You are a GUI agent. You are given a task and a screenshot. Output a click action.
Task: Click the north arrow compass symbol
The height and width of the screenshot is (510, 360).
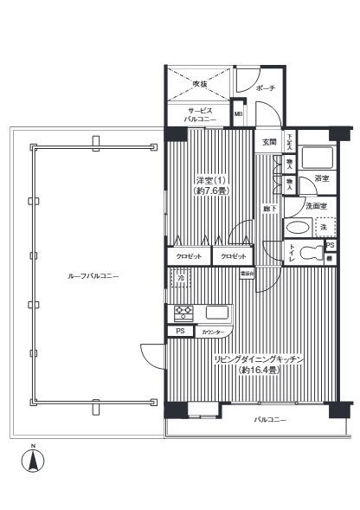pyautogui.click(x=32, y=460)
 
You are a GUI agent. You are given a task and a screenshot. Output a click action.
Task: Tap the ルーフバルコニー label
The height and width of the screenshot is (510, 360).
pyautogui.click(x=93, y=275)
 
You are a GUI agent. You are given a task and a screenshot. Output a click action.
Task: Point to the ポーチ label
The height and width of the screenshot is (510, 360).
pyautogui.click(x=266, y=88)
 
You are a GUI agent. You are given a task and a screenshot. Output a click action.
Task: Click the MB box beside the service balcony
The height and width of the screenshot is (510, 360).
pyautogui.click(x=237, y=114)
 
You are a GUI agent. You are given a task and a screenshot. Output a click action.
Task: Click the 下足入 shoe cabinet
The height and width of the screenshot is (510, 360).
pyautogui.click(x=289, y=142)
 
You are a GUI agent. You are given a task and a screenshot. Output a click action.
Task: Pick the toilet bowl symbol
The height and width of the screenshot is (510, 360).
pyautogui.click(x=296, y=252)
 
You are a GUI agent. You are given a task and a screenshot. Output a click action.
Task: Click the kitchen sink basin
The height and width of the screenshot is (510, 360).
pyautogui.click(x=216, y=312)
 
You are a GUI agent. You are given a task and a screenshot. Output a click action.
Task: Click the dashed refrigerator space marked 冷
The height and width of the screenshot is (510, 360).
pyautogui.click(x=180, y=277)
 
